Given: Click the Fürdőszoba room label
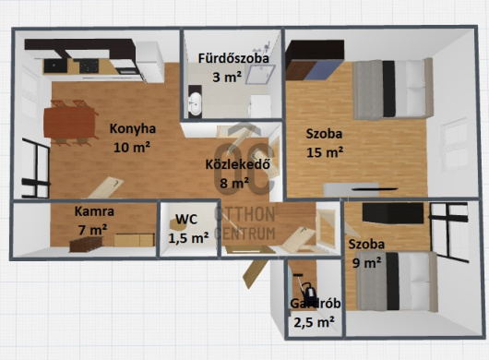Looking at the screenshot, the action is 233,58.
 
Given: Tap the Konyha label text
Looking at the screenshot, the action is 133,129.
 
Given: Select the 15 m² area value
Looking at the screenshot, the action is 325,152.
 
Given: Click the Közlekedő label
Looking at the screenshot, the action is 238,164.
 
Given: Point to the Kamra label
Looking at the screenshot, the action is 94,211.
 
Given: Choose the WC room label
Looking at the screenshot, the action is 186,219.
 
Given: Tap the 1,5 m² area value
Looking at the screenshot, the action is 188,238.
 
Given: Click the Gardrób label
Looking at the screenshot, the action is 315,304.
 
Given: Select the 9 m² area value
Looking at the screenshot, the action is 366,263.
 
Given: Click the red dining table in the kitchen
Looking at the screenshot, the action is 69,122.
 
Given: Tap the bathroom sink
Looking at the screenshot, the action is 196,102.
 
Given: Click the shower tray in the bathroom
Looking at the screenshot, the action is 260,75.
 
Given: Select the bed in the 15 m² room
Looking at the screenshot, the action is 393,90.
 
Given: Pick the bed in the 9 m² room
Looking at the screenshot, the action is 397,282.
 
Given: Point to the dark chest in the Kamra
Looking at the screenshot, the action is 86,244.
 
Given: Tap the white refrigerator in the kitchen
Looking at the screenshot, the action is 149,62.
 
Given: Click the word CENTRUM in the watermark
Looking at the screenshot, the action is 244,234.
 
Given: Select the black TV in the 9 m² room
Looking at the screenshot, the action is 393,213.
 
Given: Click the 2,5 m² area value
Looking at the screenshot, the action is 315,322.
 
